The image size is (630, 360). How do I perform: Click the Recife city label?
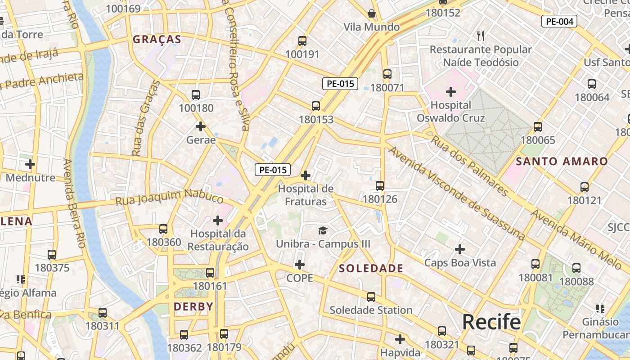click(491, 322)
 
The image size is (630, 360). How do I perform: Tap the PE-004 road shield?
click(559, 21)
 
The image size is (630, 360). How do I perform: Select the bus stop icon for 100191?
click(302, 41)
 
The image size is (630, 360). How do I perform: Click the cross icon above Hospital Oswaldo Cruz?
click(450, 92)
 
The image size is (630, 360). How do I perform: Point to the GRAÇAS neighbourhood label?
click(157, 40)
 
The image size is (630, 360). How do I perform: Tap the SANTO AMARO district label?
click(562, 161)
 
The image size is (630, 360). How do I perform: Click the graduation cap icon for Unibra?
click(323, 231)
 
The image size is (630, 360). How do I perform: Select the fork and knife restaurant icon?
click(481, 36)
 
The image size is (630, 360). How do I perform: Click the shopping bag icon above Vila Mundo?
click(371, 13)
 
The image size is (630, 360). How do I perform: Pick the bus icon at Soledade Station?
click(371, 297)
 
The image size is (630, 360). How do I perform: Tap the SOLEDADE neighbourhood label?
click(371, 269)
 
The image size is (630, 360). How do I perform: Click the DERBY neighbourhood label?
click(193, 307)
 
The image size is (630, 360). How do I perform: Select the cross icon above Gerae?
click(201, 127)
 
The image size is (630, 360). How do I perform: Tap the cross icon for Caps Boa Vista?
click(460, 249)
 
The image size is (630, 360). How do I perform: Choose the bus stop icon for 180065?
click(537, 127)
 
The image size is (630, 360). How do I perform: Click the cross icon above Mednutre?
click(30, 164)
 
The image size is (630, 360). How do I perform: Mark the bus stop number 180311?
click(103, 326)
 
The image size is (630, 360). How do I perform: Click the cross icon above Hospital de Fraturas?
click(306, 175)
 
